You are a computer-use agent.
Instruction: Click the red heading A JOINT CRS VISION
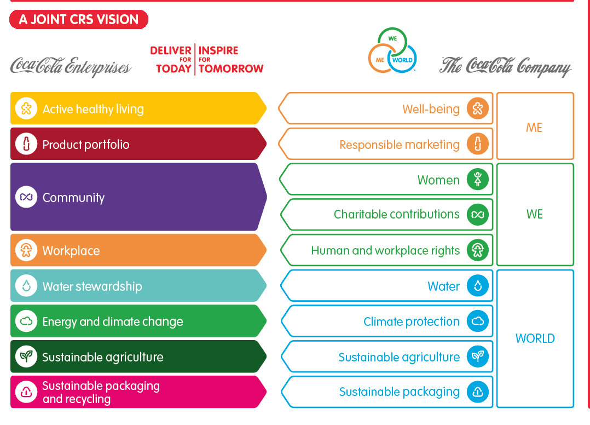click(79, 20)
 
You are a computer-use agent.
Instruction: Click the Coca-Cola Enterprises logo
click(71, 67)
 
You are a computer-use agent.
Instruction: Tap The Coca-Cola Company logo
click(505, 67)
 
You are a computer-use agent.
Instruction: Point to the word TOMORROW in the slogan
click(231, 69)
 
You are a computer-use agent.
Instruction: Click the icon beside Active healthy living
click(26, 109)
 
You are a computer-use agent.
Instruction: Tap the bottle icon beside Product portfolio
click(26, 145)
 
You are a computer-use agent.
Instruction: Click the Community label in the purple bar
click(73, 198)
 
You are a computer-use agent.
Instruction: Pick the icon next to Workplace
click(26, 251)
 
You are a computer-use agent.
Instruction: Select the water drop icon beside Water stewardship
click(26, 286)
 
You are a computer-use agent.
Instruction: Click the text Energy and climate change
click(113, 321)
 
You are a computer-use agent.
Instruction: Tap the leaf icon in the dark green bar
click(26, 357)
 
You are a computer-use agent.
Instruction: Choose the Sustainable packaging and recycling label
click(101, 392)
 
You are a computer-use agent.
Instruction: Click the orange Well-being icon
click(478, 109)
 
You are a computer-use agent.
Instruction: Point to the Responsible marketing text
click(400, 145)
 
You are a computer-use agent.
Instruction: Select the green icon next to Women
click(478, 180)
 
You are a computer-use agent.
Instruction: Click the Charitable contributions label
click(397, 214)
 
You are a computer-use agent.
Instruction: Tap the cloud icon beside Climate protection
click(478, 321)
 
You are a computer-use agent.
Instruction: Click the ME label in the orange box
click(534, 128)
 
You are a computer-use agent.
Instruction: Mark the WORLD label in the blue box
click(535, 338)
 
